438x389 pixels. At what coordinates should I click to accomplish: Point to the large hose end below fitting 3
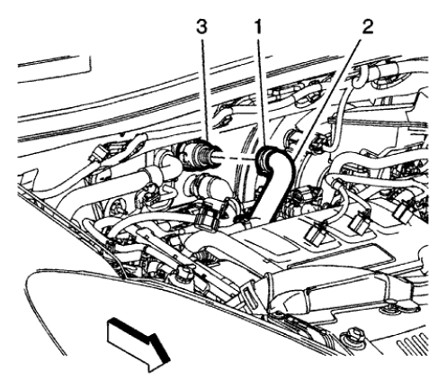click(202, 193)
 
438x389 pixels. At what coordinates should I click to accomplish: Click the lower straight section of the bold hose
click(261, 203)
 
